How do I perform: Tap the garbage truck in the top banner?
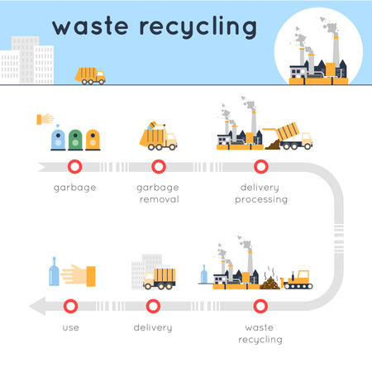[x=90, y=75]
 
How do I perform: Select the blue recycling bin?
[x=57, y=138]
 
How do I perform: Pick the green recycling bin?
[x=75, y=138]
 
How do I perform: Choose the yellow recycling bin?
[x=93, y=138]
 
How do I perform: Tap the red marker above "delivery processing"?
[x=263, y=165]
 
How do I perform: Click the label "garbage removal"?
[x=158, y=193]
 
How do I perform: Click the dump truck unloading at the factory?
[x=294, y=135]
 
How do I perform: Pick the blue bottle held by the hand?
[x=54, y=274]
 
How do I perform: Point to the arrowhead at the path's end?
[x=36, y=307]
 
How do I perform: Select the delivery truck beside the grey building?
[x=159, y=277]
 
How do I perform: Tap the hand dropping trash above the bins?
[x=45, y=118]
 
